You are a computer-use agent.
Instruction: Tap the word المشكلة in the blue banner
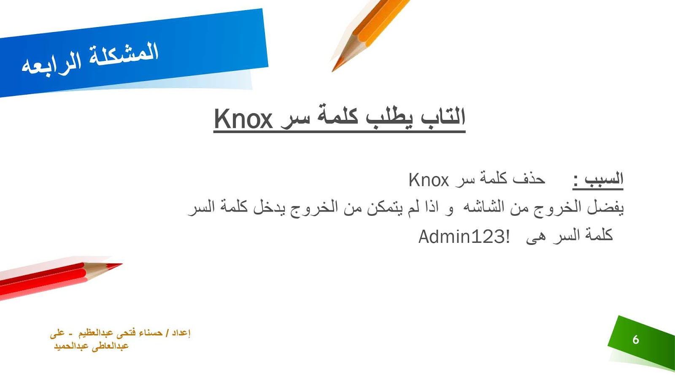tap(124, 54)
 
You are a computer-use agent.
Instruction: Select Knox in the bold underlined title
tap(243, 119)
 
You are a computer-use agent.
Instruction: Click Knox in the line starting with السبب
tap(429, 180)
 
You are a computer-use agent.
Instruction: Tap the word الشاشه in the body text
tap(483, 207)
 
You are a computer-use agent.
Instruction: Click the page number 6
tap(636, 340)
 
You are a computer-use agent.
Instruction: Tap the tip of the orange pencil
tap(333, 71)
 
